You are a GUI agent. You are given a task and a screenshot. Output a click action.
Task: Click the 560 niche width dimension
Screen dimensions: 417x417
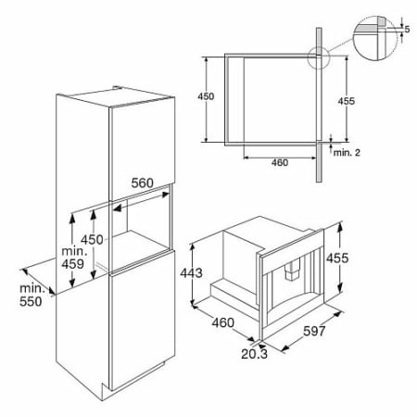click(142, 183)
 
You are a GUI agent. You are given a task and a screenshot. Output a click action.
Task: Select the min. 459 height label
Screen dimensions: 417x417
click(73, 258)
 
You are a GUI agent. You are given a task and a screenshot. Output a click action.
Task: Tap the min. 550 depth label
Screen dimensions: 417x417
click(31, 295)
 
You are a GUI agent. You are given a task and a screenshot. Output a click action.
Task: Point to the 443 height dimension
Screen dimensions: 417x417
click(192, 273)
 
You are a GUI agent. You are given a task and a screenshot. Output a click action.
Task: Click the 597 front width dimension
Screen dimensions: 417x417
click(314, 331)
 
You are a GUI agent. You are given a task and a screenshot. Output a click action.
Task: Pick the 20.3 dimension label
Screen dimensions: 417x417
click(254, 354)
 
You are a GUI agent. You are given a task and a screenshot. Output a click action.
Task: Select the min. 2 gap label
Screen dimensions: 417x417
click(347, 153)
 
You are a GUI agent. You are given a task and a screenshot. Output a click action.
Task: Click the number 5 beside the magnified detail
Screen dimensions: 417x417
click(407, 30)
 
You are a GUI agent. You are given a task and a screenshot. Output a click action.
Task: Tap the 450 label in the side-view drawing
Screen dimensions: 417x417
click(206, 96)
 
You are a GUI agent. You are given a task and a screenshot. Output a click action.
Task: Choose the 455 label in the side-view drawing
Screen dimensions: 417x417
click(347, 101)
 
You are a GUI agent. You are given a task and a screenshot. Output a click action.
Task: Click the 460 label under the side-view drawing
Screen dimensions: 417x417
click(280, 162)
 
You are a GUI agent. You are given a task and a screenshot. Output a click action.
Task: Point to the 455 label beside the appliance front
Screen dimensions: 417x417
click(337, 259)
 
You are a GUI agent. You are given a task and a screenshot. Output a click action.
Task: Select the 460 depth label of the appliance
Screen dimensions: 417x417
click(222, 322)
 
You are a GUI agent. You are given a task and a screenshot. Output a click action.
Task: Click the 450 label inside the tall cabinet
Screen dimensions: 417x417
click(92, 240)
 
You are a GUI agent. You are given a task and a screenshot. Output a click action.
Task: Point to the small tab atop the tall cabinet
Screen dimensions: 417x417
click(117, 87)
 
